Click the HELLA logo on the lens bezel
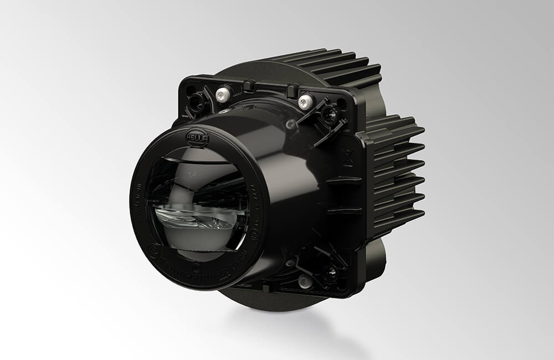pyautogui.click(x=197, y=137)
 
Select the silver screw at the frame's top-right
pyautogui.click(x=305, y=101)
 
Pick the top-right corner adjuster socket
pyautogui.click(x=331, y=115)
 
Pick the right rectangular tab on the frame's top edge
pyautogui.click(x=292, y=90)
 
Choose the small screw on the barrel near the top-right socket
pyautogui.click(x=291, y=126)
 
